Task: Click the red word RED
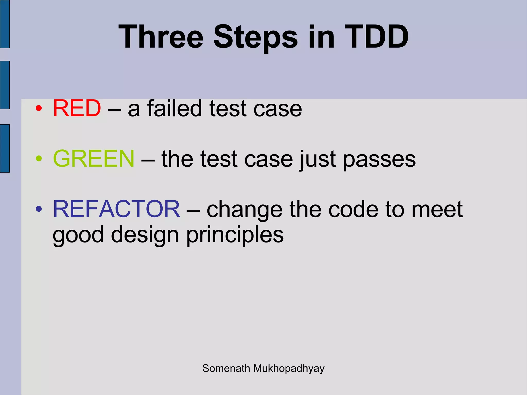[x=77, y=108]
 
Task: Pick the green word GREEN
[x=94, y=159]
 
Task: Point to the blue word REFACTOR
[x=116, y=209]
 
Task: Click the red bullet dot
[x=39, y=109]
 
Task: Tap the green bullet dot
[x=39, y=159]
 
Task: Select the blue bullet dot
[x=39, y=209]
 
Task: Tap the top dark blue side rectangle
[x=5, y=24]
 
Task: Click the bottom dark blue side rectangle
[x=5, y=148]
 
